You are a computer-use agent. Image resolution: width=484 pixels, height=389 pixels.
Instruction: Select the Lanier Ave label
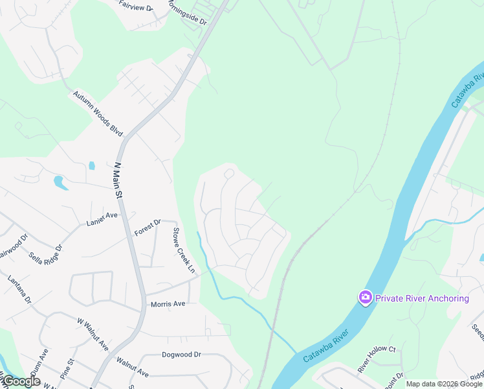[x=102, y=218]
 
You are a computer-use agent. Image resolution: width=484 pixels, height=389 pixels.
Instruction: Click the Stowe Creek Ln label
[x=183, y=250]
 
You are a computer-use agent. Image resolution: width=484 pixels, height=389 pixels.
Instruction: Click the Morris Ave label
[x=168, y=303]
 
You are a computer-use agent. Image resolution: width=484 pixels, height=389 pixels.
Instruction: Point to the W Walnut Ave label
[x=93, y=334]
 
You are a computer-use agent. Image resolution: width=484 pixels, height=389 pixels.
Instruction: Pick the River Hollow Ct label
[x=377, y=359]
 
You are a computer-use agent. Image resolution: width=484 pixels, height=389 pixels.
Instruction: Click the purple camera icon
[x=366, y=298]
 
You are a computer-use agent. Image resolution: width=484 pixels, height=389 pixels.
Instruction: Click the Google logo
[x=21, y=381]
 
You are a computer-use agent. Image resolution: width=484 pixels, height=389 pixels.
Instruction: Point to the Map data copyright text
[x=444, y=384]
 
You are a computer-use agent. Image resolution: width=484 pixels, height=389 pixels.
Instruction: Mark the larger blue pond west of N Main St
[x=60, y=182]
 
